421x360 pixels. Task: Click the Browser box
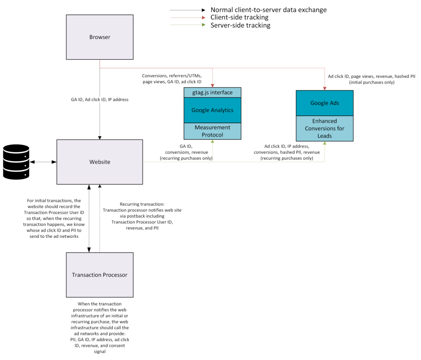click(100, 37)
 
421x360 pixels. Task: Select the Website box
click(100, 162)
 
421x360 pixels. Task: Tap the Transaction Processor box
click(99, 275)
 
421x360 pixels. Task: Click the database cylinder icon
click(16, 162)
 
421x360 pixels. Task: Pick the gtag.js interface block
click(212, 92)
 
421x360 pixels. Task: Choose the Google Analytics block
click(212, 110)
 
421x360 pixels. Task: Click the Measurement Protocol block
click(212, 131)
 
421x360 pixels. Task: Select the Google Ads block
click(324, 103)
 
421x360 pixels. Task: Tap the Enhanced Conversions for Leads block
click(324, 128)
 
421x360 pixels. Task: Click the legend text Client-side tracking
click(239, 17)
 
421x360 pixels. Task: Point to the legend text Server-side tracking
click(240, 25)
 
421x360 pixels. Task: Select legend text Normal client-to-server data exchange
click(269, 9)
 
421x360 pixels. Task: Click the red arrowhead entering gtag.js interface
click(213, 85)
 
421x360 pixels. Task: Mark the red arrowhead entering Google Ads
click(325, 88)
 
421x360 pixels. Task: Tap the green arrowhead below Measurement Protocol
click(213, 142)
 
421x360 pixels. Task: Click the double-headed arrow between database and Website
click(43, 162)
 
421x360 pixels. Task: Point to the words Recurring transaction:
click(142, 204)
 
